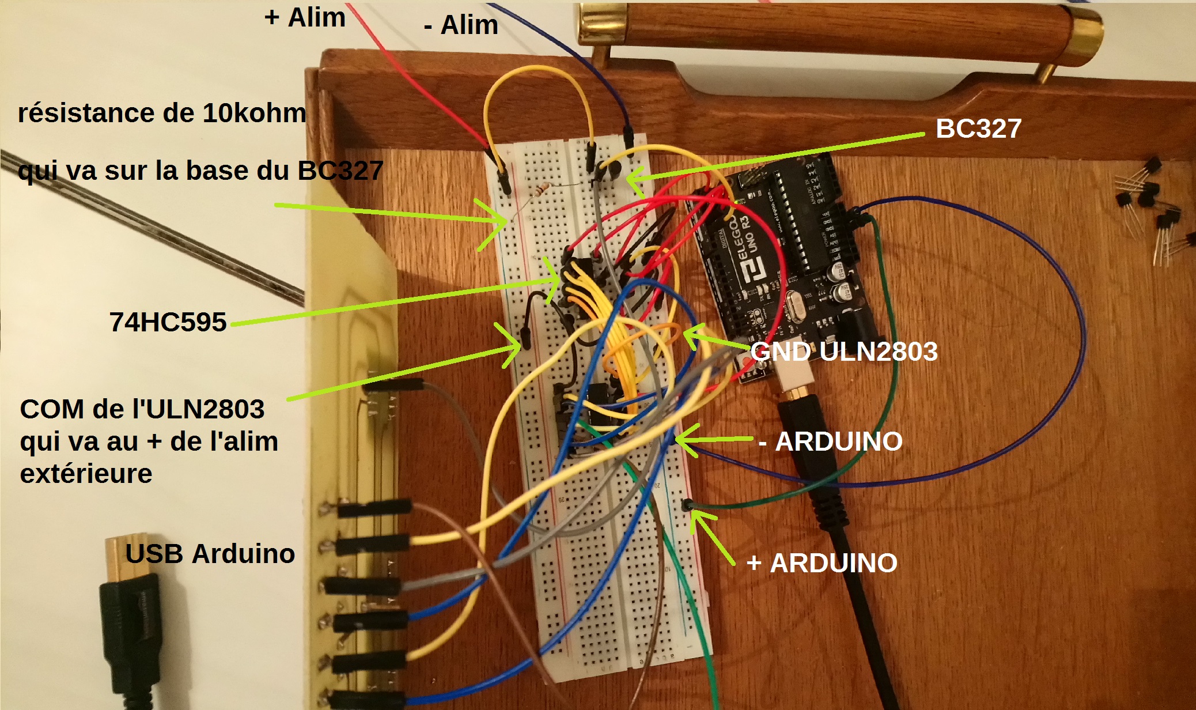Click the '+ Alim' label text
coord(305,17)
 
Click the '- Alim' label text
coord(461,25)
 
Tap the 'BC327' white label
coord(978,128)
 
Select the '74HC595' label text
coord(168,322)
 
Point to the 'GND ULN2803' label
coord(844,352)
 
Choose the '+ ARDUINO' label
coord(822,563)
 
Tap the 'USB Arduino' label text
coord(210,554)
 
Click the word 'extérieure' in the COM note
coord(86,474)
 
